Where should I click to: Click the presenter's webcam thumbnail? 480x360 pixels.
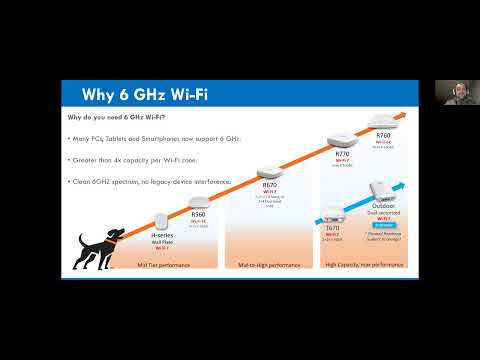(448, 92)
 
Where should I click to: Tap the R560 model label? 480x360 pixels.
(197, 214)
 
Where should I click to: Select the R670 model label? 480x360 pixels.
(268, 185)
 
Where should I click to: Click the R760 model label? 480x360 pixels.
(383, 135)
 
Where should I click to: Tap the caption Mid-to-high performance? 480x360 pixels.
(267, 264)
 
